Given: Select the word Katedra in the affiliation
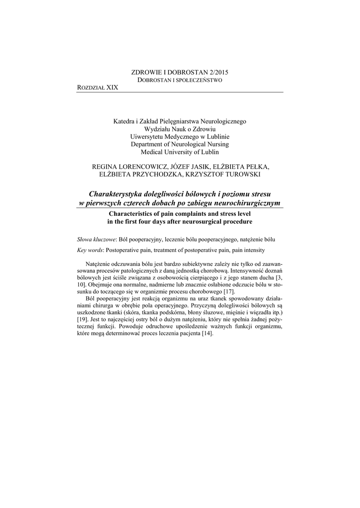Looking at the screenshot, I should pos(124,121).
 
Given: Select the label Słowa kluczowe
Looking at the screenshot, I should pos(97,239).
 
